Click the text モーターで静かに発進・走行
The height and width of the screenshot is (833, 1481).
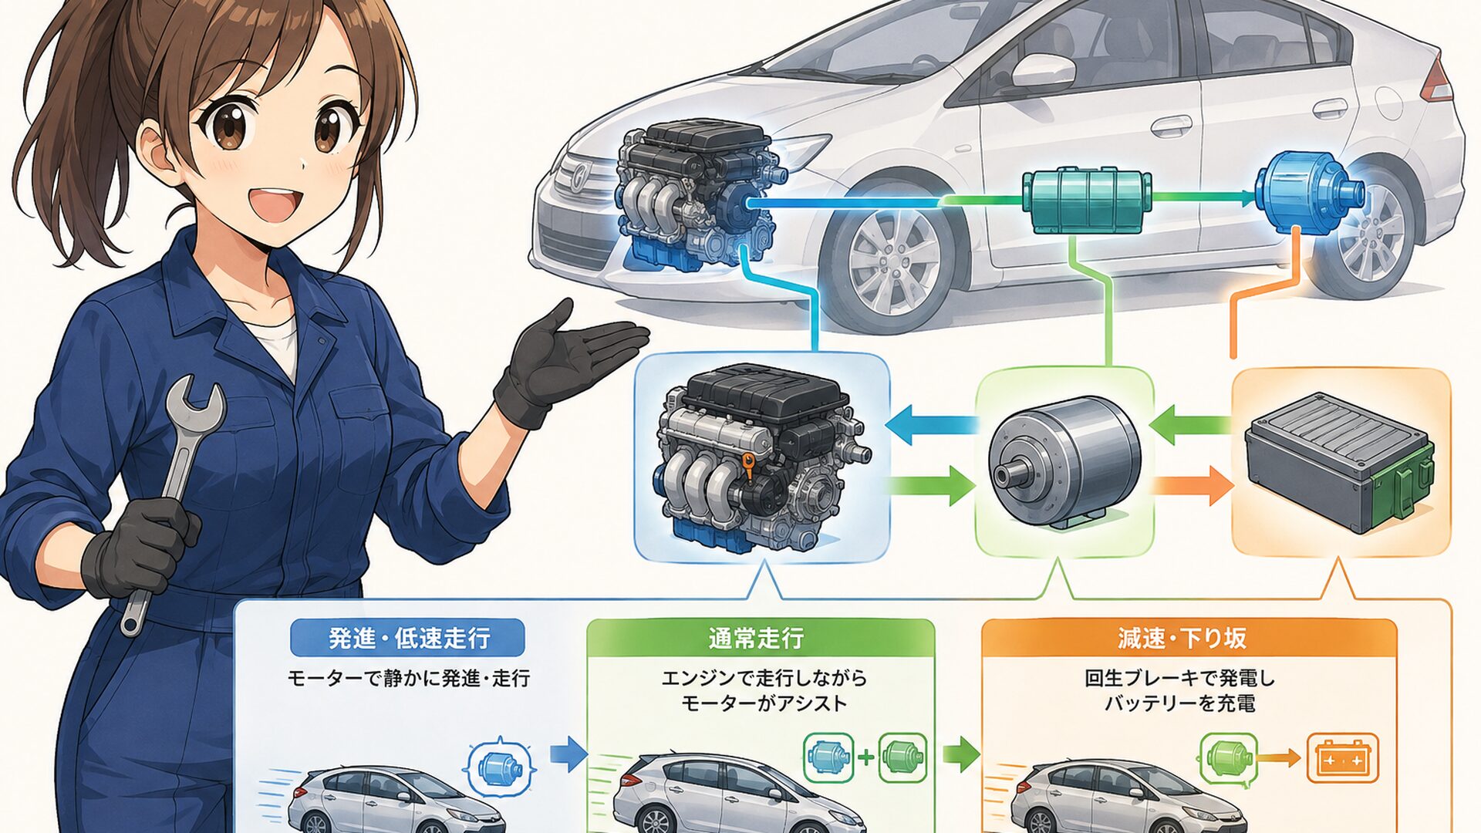click(409, 678)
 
